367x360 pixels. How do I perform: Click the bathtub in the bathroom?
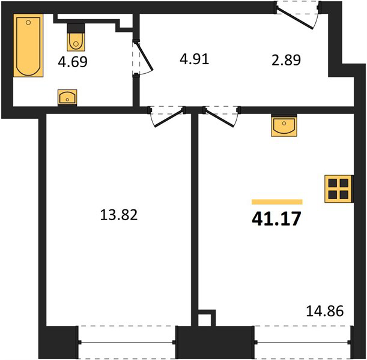point(28,46)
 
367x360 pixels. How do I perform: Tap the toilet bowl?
point(76,41)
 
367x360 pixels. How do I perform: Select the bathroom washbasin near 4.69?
point(67,97)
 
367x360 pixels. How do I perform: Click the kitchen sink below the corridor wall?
point(284,127)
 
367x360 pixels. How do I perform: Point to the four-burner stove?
point(338,189)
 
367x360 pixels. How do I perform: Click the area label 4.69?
point(73,62)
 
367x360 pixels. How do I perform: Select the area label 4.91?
point(194,59)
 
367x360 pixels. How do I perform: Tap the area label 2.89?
point(286,60)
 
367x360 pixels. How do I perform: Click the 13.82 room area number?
point(119,215)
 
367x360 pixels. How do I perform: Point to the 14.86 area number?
point(325,311)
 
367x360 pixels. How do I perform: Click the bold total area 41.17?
point(276,219)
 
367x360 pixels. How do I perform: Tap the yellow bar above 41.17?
point(277,202)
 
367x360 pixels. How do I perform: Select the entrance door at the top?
point(295,18)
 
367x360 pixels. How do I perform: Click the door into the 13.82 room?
point(169,118)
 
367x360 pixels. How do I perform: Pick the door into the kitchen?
point(219,118)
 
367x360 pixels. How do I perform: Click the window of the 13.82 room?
point(127,343)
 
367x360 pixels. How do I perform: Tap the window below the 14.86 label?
point(303,343)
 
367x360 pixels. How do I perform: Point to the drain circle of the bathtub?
point(28,22)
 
